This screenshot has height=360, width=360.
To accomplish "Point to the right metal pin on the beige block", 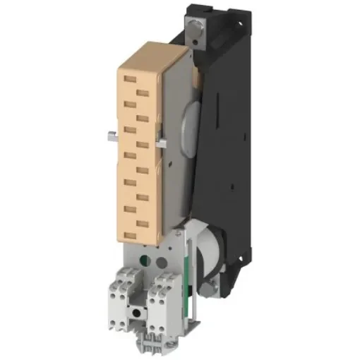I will tap(163, 145).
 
